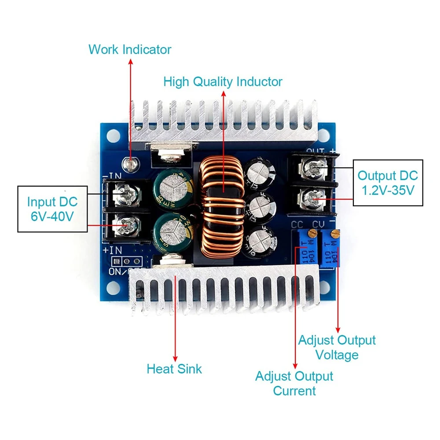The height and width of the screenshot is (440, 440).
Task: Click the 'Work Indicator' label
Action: [130, 49]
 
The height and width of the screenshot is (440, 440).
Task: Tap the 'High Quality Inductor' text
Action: [223, 82]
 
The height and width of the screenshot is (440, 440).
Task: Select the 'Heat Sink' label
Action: [174, 368]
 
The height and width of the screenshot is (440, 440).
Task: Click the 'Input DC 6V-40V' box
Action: [52, 209]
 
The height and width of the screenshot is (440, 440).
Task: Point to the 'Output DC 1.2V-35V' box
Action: [388, 183]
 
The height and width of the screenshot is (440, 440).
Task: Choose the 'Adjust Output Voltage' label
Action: [337, 347]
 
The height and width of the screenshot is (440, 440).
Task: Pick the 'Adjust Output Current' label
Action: [294, 383]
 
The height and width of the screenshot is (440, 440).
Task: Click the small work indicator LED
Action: [130, 165]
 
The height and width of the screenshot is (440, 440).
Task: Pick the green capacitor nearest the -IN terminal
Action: [172, 187]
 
